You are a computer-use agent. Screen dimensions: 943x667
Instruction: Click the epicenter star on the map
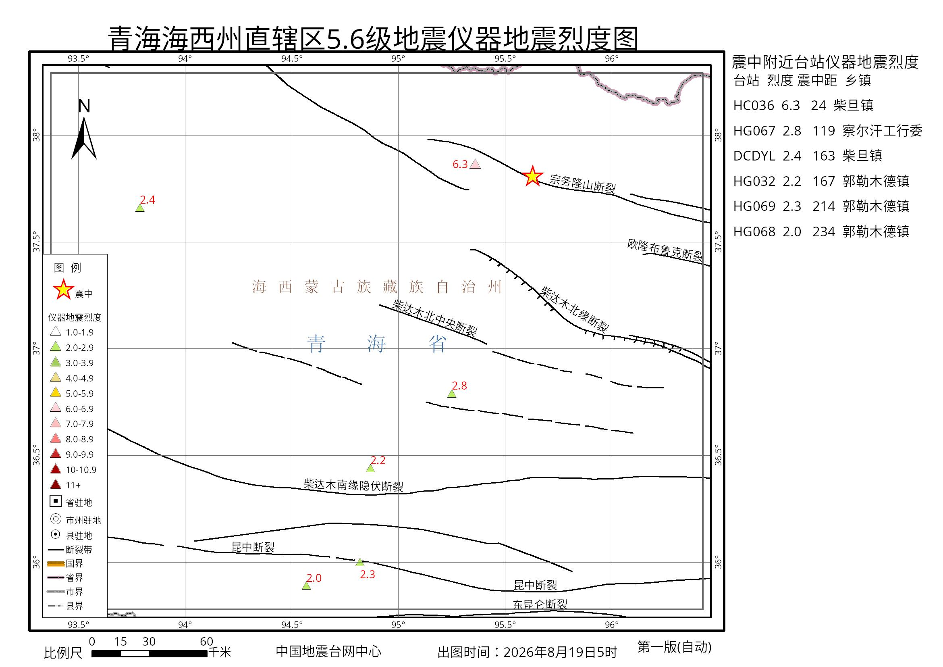pos(532,176)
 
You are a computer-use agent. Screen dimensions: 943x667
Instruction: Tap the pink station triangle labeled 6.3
pos(475,165)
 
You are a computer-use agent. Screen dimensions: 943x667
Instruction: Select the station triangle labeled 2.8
pos(452,394)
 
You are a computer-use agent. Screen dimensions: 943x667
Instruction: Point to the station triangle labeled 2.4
pos(140,208)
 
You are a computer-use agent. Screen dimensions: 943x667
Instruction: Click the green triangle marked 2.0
pos(306,586)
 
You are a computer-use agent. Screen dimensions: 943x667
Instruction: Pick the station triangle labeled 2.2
pos(370,468)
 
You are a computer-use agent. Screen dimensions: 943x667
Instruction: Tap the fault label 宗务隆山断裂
pos(582,184)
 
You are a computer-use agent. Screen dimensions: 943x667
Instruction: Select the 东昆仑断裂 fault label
pos(540,604)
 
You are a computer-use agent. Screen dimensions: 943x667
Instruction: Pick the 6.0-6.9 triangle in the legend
pos(56,408)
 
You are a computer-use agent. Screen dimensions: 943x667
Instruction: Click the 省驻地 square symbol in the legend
pos(56,501)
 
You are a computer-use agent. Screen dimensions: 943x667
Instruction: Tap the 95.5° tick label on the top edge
pos(505,58)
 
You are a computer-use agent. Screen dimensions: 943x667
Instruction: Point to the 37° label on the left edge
pos(37,349)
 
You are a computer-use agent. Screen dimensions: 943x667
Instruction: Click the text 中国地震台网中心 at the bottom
pos(328,651)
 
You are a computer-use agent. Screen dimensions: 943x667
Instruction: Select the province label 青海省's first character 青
pos(317,344)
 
